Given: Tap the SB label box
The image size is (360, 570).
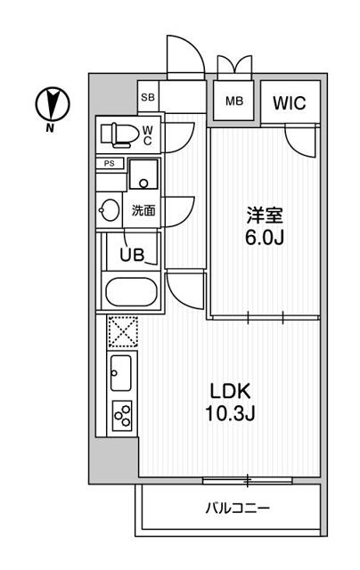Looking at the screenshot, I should (148, 98).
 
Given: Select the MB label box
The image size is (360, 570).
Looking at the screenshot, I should (233, 101).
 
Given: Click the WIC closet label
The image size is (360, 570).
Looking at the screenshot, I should (288, 102).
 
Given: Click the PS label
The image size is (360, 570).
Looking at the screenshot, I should (110, 163).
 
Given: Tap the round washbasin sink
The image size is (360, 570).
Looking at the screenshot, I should (110, 210).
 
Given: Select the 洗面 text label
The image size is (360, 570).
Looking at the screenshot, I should (143, 211).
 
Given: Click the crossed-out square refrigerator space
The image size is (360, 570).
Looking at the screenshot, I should (122, 332).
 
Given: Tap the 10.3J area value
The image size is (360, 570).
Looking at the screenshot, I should (229, 414).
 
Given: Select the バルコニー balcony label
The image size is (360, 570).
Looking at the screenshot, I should (237, 509).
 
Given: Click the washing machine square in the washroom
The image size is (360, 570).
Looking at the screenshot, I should (143, 175).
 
